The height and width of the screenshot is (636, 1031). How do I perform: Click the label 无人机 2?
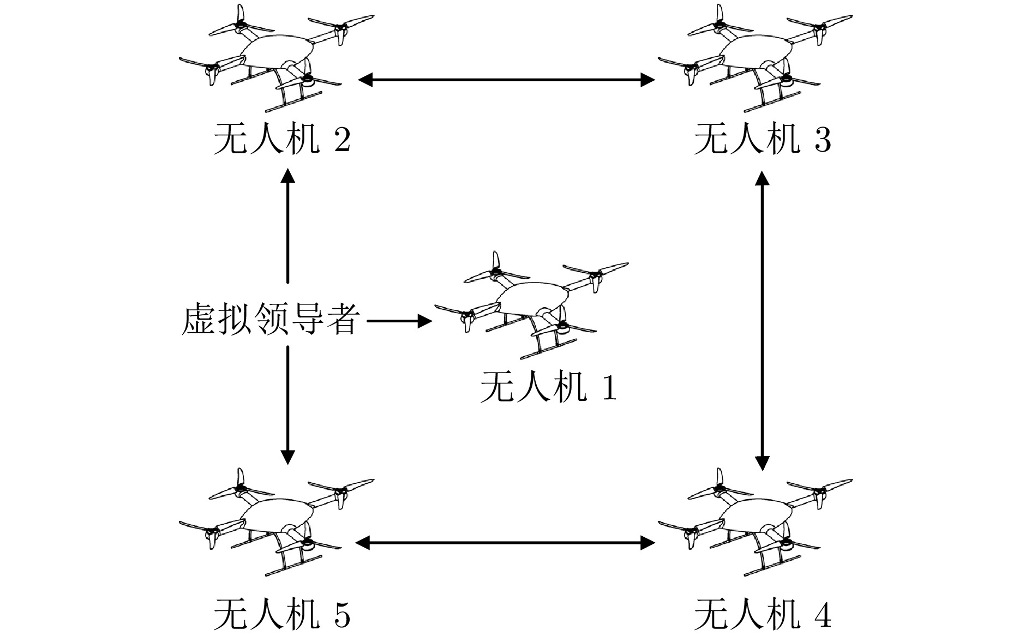pyautogui.click(x=281, y=140)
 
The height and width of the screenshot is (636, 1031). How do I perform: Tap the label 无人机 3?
pyautogui.click(x=762, y=140)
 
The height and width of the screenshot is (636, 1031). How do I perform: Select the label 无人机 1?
pyautogui.click(x=548, y=388)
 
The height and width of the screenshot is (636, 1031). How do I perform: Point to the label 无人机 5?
pyautogui.click(x=281, y=615)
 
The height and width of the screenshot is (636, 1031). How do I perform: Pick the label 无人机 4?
pyautogui.click(x=762, y=615)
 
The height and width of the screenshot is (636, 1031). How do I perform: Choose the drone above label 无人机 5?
pyautogui.click(x=275, y=521)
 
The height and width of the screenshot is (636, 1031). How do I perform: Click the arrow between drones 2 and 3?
pyautogui.click(x=506, y=80)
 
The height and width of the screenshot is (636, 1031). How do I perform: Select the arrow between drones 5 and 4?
pyautogui.click(x=505, y=543)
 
